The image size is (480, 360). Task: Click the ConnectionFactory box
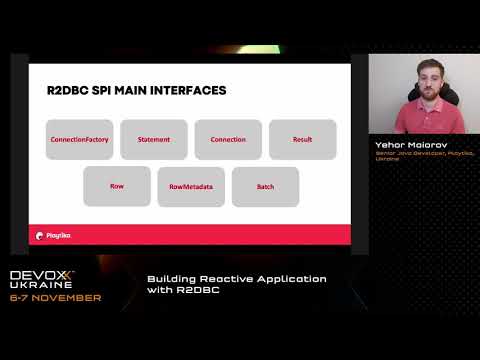point(80,140)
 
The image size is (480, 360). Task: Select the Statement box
point(154,140)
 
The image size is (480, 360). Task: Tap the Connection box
point(228,140)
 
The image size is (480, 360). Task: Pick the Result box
point(302,140)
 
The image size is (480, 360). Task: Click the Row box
point(117,186)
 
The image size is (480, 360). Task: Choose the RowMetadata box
point(191,186)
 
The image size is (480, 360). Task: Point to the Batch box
point(264,186)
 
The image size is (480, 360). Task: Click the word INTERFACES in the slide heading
point(187,91)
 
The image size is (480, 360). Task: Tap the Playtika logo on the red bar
point(58,235)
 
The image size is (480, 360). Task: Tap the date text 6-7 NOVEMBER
point(55,298)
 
